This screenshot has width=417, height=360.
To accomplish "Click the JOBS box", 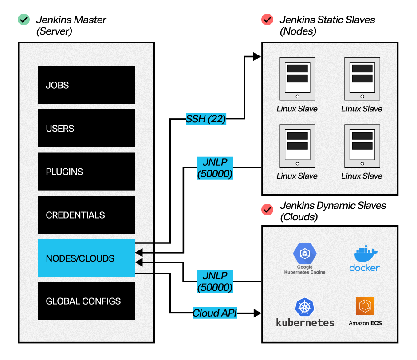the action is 87,85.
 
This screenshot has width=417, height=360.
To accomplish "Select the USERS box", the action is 87,128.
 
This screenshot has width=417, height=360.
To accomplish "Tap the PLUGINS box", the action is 87,172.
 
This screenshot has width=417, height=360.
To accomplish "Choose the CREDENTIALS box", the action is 87,215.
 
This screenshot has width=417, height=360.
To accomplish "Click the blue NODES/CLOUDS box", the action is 87,258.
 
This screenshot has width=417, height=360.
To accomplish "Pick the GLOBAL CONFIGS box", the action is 87,301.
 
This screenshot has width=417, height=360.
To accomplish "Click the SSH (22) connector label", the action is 206,119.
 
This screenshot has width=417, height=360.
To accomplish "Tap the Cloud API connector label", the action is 215,313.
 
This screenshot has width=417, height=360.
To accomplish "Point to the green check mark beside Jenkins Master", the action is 24,20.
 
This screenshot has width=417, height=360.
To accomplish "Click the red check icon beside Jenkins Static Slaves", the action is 267,20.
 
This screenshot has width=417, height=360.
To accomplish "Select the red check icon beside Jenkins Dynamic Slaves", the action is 267,210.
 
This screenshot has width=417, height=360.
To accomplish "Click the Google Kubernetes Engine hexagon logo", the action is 305,254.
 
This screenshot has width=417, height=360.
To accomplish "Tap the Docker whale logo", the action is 366,254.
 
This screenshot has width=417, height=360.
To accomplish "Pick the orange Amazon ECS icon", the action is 365,306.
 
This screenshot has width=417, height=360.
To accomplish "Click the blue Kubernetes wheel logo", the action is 305,307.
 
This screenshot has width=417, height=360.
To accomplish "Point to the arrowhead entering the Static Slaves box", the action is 257,56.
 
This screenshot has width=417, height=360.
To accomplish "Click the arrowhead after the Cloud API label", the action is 257,313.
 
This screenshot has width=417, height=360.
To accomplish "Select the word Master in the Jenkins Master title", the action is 90,20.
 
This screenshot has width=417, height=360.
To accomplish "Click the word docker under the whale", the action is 365,268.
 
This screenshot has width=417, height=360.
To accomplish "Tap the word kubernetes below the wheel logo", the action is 305,322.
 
